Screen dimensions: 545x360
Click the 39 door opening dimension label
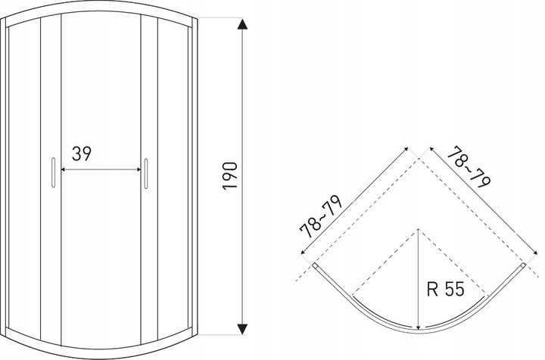(82, 154)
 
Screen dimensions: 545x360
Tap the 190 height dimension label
(230, 175)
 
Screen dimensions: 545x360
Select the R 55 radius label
(445, 289)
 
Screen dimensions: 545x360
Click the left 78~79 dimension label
(321, 217)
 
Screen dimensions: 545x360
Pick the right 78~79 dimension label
(469, 167)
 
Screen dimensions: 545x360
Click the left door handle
(53, 172)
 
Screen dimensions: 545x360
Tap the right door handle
(146, 174)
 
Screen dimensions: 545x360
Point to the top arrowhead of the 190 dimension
(242, 24)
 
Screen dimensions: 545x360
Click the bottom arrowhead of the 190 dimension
(242, 329)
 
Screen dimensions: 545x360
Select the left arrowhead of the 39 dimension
(64, 169)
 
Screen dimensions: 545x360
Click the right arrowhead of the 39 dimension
(139, 169)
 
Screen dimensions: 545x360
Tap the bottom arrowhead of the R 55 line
(419, 327)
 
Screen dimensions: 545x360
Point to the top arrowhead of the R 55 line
(419, 231)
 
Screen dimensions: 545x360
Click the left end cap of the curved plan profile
(315, 265)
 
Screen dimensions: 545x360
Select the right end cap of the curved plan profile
(524, 265)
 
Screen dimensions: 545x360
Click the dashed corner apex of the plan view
(419, 159)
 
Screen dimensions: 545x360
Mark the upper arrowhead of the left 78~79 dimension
(406, 149)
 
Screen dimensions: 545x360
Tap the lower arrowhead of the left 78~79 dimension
(303, 253)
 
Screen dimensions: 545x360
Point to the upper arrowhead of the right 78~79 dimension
(432, 149)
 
